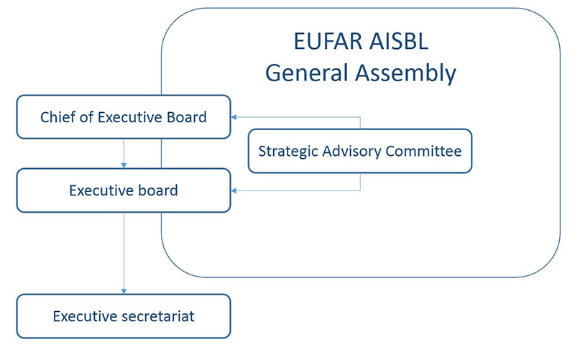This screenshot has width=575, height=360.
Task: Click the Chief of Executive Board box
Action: pyautogui.click(x=124, y=117)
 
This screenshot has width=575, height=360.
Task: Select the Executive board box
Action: pyautogui.click(x=124, y=191)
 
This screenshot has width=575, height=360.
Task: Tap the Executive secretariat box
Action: pyautogui.click(x=124, y=316)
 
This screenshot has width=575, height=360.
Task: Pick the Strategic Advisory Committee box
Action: pyautogui.click(x=359, y=151)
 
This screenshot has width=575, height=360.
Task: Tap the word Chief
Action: pyautogui.click(x=57, y=117)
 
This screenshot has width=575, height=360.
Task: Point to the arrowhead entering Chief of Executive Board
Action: pyautogui.click(x=234, y=116)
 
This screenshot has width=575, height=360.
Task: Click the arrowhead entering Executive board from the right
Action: pyautogui.click(x=234, y=190)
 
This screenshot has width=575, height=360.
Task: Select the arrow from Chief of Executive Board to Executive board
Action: pyautogui.click(x=124, y=153)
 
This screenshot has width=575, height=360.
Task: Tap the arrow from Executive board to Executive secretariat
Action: pyautogui.click(x=124, y=251)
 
